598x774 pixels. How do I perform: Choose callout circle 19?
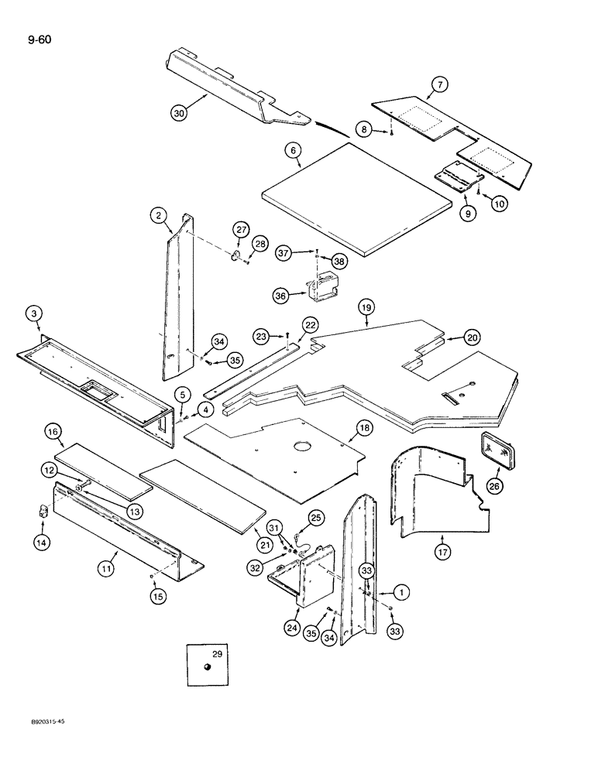pos(366,309)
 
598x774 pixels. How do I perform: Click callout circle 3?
pos(33,314)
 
